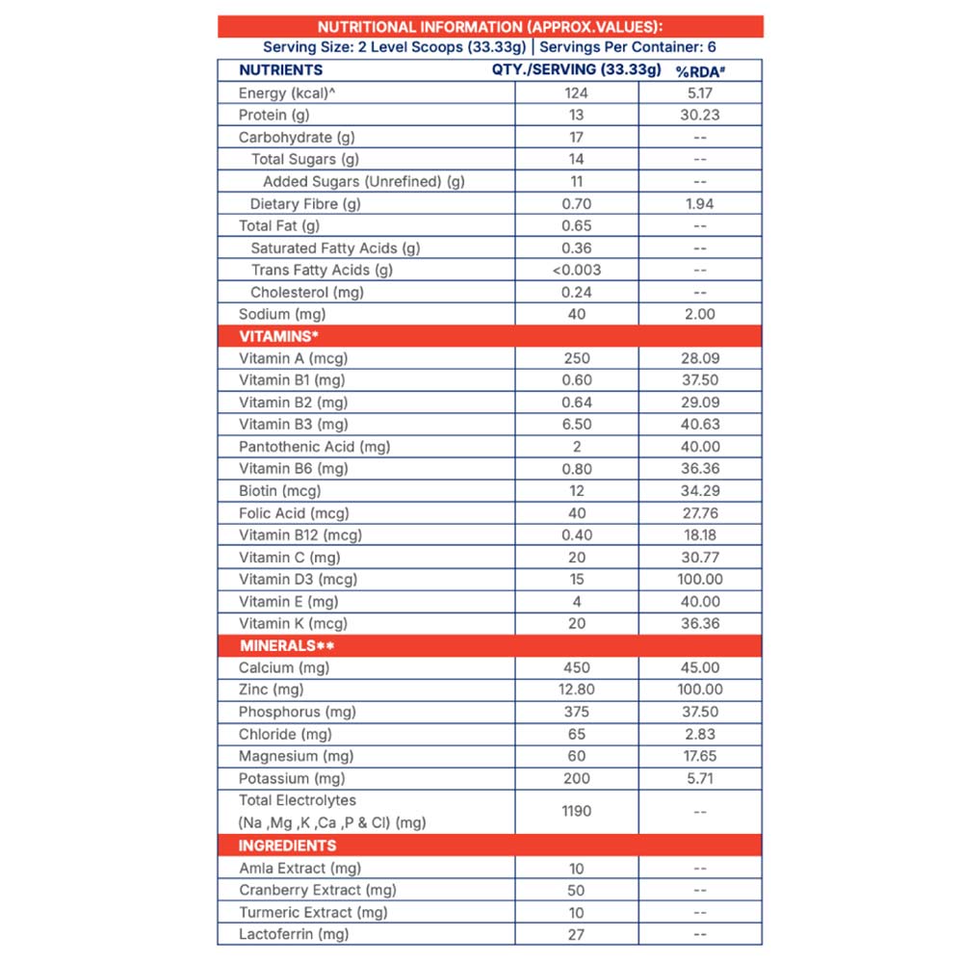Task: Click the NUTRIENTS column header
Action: click(280, 70)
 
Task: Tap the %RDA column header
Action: click(699, 70)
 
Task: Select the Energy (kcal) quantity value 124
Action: click(576, 93)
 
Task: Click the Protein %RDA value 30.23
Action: click(699, 116)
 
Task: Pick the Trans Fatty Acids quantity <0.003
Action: click(576, 271)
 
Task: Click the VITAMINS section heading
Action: click(278, 336)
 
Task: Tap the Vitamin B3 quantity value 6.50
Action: click(576, 425)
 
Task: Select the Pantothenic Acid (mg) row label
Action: click(314, 447)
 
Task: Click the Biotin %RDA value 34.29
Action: click(699, 491)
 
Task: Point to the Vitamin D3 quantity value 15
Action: click(576, 580)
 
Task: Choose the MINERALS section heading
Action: click(286, 645)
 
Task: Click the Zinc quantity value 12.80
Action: click(576, 690)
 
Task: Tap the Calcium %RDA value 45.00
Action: click(699, 667)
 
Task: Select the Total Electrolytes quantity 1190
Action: click(576, 811)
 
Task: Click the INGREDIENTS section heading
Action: click(287, 846)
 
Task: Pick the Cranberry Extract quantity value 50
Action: click(576, 891)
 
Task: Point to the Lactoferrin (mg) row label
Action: click(294, 934)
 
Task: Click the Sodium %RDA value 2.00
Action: click(699, 315)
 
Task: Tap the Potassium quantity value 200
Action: click(576, 778)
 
